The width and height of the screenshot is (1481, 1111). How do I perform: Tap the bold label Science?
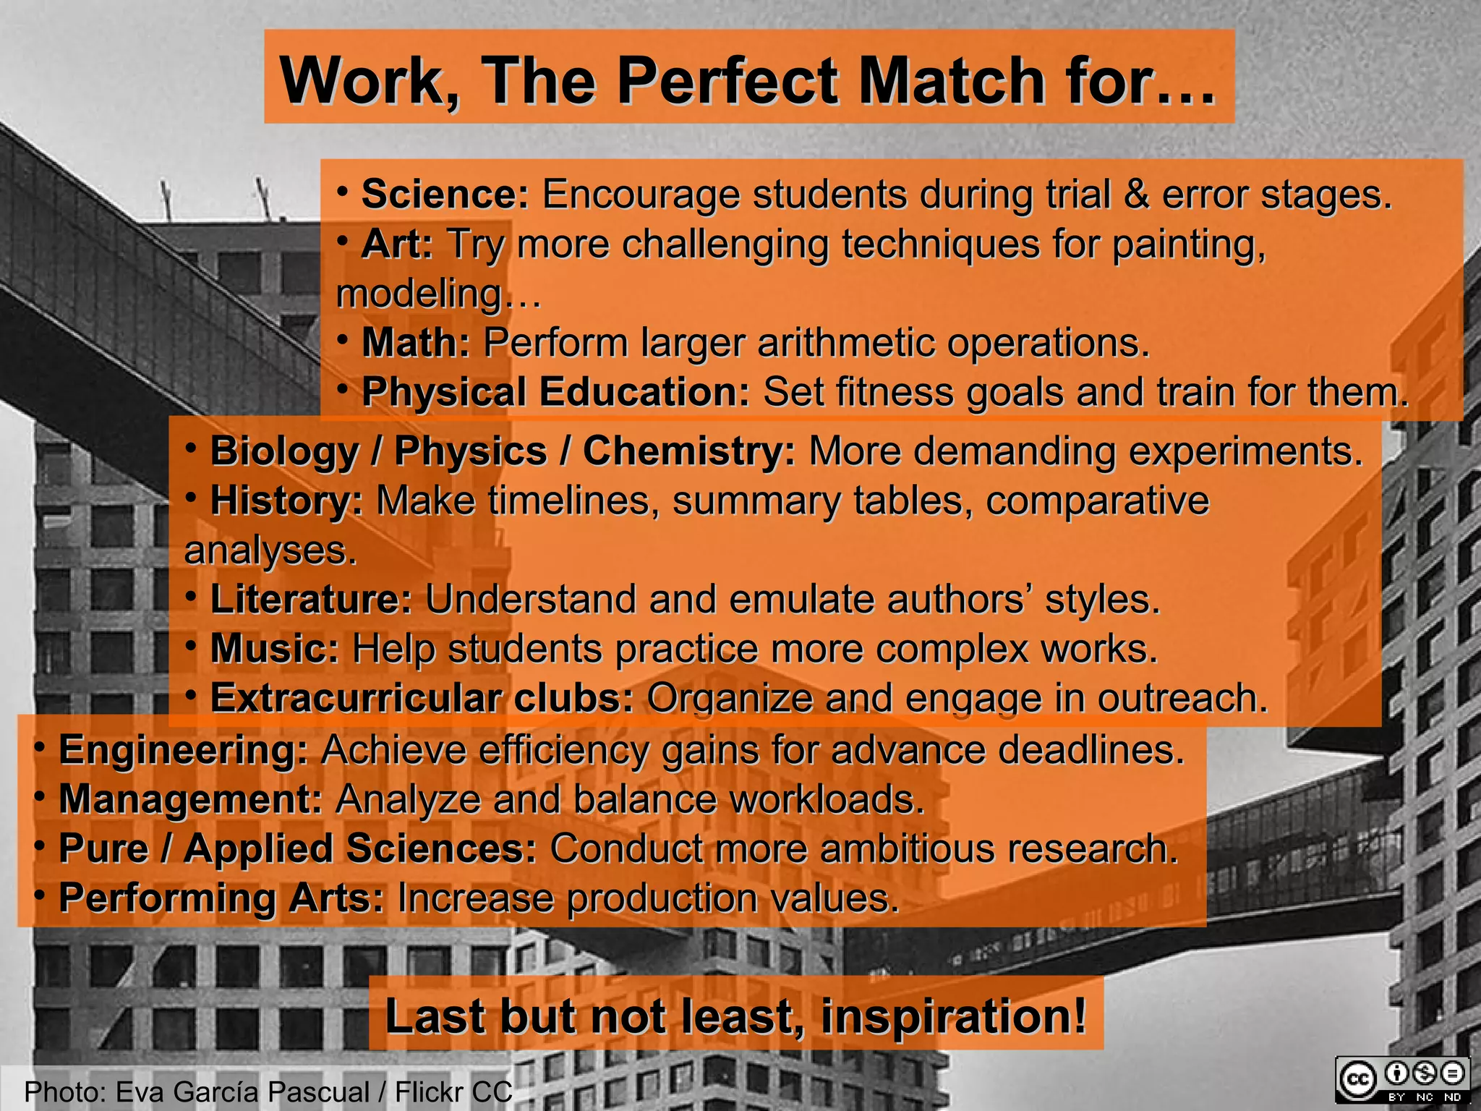point(445,195)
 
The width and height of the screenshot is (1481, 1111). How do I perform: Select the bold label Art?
point(397,244)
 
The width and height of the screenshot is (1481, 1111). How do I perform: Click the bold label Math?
point(416,342)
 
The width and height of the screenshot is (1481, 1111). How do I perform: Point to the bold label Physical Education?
point(555,392)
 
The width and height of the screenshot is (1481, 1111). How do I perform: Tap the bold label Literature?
point(311,600)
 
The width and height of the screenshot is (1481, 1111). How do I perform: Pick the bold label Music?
point(274,649)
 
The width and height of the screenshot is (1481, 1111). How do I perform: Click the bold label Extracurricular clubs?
point(422,698)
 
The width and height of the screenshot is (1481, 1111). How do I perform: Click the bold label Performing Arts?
point(221,898)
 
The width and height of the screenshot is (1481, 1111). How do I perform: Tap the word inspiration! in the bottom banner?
point(953,1016)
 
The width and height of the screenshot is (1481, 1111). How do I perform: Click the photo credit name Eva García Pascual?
point(242,1091)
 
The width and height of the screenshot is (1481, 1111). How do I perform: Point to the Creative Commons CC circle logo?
point(1357,1080)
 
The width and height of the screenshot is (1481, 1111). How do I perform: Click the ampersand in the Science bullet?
point(1136,195)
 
